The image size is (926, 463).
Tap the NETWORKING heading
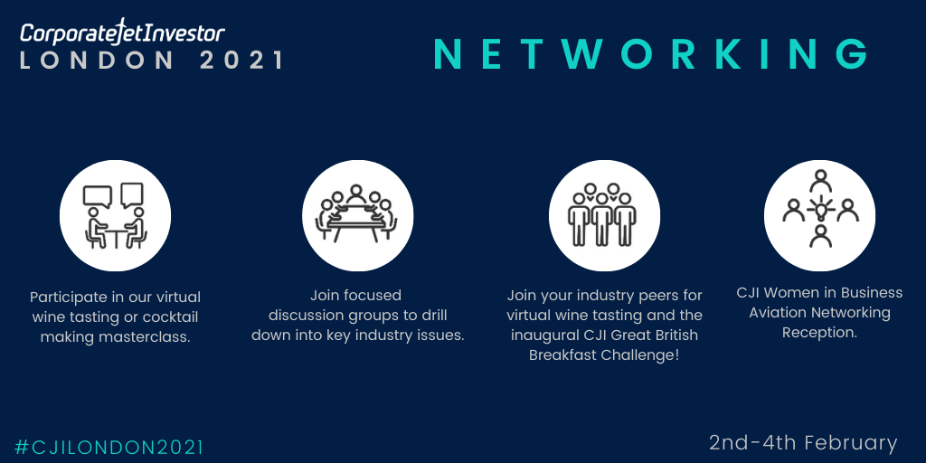click(651, 54)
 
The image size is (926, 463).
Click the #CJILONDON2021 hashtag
click(109, 447)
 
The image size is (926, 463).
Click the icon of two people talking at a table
click(115, 215)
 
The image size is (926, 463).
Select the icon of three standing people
click(604, 215)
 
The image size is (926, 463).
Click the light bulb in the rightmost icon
click(820, 209)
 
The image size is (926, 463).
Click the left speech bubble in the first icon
click(98, 195)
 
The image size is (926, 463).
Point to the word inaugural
click(543, 335)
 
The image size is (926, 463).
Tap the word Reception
click(819, 333)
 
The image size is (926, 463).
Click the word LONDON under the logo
click(97, 61)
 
